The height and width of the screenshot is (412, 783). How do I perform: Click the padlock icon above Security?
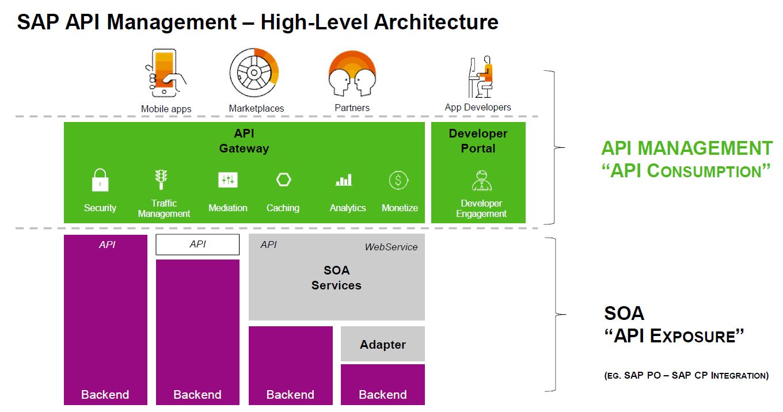point(100,180)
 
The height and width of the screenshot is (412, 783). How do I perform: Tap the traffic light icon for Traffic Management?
point(162,179)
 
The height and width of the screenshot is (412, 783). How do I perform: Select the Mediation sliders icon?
point(228,180)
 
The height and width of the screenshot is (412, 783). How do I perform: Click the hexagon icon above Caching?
point(283,180)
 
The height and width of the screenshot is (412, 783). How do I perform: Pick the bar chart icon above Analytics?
point(344,181)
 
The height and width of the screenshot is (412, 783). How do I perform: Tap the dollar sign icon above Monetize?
point(398,180)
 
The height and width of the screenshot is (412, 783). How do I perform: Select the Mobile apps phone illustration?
point(165,74)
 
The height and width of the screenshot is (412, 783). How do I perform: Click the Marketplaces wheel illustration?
point(254,74)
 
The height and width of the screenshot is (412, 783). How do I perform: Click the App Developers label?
point(478,107)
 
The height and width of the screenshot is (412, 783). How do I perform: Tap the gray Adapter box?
point(383,344)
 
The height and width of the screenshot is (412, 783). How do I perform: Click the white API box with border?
point(197,245)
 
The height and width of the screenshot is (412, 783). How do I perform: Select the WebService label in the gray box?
point(391,247)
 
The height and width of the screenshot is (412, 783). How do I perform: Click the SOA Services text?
point(336,277)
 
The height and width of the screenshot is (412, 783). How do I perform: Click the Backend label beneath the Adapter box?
point(383,395)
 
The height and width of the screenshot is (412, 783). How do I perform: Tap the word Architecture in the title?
point(436,22)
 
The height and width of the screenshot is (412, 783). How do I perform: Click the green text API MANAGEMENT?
point(686,148)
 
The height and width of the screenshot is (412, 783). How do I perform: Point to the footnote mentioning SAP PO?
point(686,376)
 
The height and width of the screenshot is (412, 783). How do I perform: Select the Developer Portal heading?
point(478,141)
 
